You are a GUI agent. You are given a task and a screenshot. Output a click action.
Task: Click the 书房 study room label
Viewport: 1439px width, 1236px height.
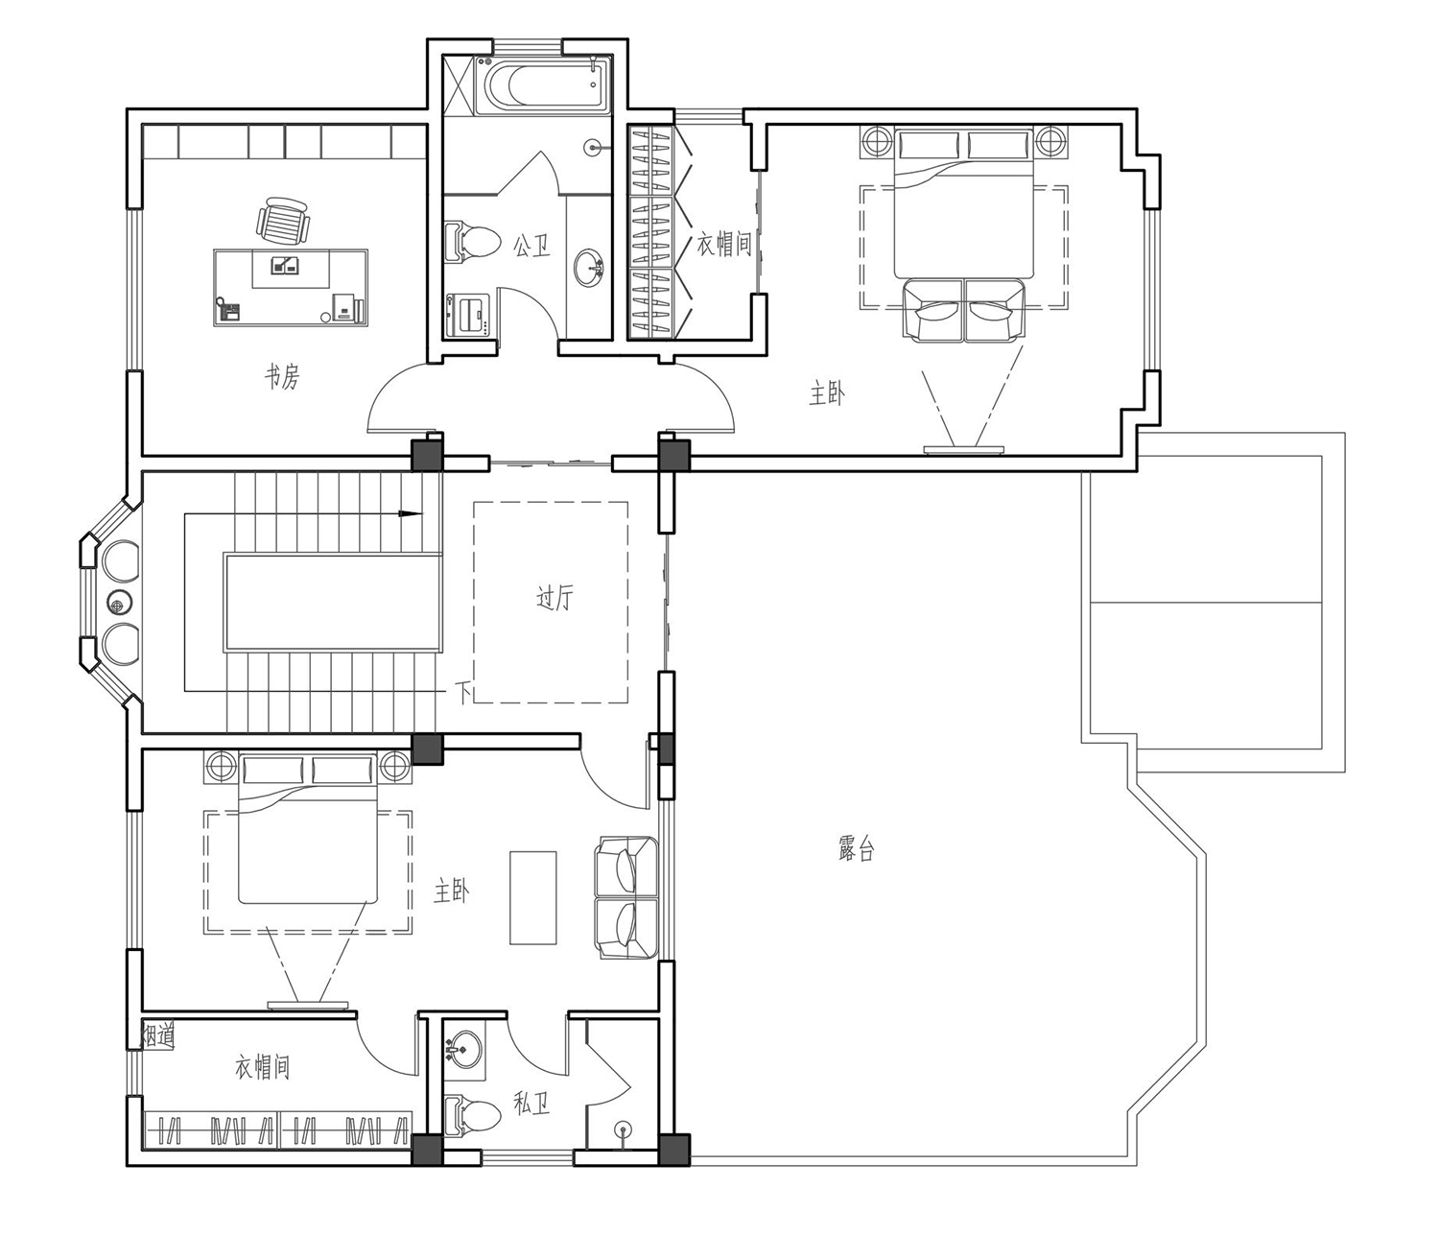[282, 377]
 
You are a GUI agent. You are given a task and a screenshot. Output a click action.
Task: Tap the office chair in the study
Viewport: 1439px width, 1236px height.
[281, 220]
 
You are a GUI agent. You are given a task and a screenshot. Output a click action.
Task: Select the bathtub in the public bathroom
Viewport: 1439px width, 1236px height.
[542, 85]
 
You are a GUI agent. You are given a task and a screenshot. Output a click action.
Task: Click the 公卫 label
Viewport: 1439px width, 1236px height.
[531, 245]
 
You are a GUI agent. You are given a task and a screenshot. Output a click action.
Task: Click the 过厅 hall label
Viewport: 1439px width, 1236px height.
[554, 598]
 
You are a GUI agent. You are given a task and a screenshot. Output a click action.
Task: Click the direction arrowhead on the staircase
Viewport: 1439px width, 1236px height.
[411, 514]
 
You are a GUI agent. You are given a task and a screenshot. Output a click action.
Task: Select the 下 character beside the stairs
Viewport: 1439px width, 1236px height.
[464, 692]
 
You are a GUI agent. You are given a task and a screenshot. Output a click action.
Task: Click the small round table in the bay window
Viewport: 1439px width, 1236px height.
[119, 605]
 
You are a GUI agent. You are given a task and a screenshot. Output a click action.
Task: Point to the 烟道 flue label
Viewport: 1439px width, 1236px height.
[157, 1035]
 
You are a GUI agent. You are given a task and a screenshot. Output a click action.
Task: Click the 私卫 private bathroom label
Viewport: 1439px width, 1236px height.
[531, 1104]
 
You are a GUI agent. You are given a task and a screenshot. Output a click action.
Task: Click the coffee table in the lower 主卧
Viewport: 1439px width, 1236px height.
[532, 897]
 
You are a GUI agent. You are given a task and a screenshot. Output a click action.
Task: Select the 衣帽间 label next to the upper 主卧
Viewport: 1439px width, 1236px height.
[724, 245]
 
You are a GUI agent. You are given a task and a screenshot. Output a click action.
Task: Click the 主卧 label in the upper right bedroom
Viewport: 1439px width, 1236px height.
[826, 394]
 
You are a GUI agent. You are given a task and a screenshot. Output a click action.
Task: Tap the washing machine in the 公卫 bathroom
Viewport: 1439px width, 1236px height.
[467, 316]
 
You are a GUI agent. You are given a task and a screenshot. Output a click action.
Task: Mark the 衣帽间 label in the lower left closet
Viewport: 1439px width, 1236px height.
[262, 1067]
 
